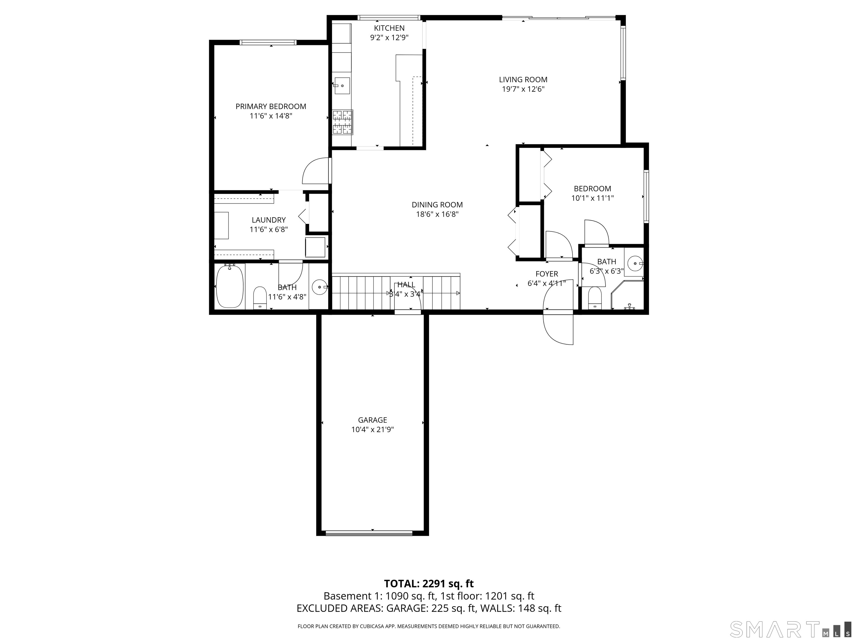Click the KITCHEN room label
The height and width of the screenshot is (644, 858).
(389, 28)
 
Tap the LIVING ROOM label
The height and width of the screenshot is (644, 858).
(523, 80)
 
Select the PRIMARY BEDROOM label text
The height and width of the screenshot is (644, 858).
(271, 106)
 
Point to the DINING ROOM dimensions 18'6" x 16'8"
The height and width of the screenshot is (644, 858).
(437, 214)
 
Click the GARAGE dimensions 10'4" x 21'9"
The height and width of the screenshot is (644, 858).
(372, 429)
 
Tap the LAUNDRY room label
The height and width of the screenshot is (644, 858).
(268, 220)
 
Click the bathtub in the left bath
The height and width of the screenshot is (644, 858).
(230, 286)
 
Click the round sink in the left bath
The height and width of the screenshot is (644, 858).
(320, 287)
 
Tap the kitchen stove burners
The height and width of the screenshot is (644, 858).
(342, 122)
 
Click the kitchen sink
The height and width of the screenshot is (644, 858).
(342, 86)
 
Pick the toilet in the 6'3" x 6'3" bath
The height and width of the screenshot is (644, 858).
(595, 298)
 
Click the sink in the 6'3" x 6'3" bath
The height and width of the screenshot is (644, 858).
(635, 264)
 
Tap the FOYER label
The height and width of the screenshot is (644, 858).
(547, 274)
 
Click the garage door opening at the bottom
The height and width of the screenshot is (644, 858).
(369, 533)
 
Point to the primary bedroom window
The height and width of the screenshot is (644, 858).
(268, 42)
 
